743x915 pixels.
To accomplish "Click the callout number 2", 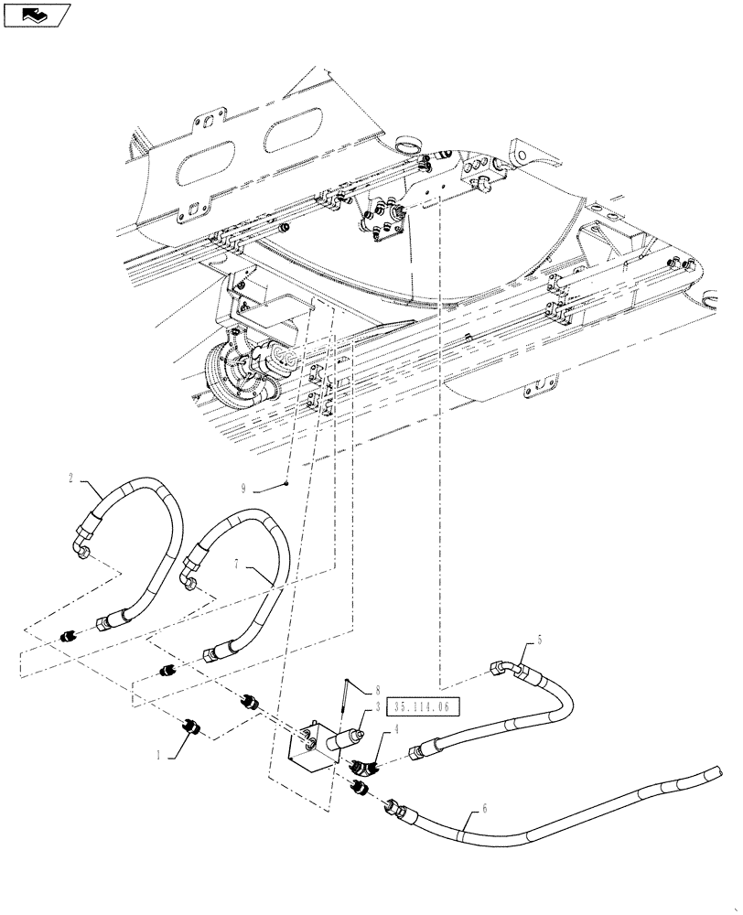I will click(70, 477).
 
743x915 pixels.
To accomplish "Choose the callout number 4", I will click(396, 729).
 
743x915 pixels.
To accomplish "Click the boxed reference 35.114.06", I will click(424, 705).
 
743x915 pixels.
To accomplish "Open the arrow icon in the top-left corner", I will click(38, 14).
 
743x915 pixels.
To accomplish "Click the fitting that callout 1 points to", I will click(191, 727).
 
